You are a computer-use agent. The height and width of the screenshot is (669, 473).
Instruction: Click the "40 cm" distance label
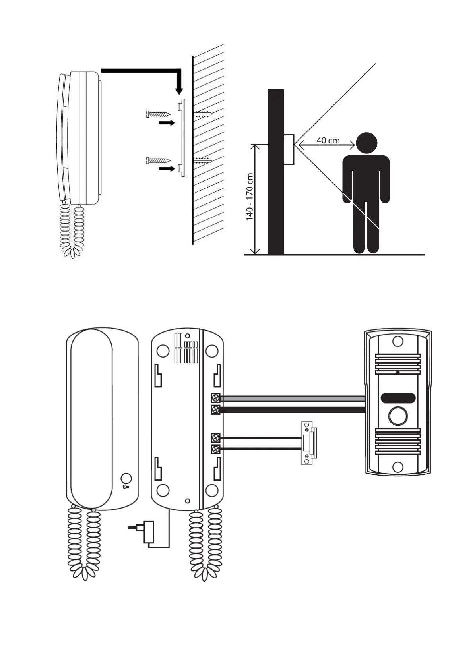pyautogui.click(x=328, y=140)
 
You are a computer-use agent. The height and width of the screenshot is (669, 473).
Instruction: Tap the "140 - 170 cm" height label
pyautogui.click(x=250, y=197)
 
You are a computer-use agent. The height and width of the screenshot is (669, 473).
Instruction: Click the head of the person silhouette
pyautogui.click(x=366, y=143)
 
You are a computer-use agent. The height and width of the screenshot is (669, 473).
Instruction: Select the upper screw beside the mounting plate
pyautogui.click(x=158, y=114)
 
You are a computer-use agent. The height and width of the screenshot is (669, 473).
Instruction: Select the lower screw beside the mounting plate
pyautogui.click(x=158, y=160)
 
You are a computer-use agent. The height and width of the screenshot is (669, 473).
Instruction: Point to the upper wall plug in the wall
pyautogui.click(x=203, y=114)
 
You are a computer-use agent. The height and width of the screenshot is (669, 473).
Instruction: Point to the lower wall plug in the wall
pyautogui.click(x=203, y=160)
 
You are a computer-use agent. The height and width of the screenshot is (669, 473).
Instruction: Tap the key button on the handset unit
pyautogui.click(x=126, y=479)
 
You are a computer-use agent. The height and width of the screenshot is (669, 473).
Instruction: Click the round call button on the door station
pyautogui.click(x=397, y=416)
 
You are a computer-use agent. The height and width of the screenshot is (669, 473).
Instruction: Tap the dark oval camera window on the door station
pyautogui.click(x=398, y=398)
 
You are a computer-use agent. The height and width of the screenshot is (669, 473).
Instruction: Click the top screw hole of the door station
pyautogui.click(x=397, y=341)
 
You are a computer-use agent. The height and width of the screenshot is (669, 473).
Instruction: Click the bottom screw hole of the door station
pyautogui.click(x=397, y=467)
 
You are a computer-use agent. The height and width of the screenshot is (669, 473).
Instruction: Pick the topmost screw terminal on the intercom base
pyautogui.click(x=215, y=398)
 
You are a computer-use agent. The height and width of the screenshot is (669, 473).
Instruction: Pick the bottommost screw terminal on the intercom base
pyautogui.click(x=215, y=449)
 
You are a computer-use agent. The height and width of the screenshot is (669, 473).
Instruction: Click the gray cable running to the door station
pyautogui.click(x=292, y=398)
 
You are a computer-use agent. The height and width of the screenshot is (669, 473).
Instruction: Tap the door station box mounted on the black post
pyautogui.click(x=289, y=149)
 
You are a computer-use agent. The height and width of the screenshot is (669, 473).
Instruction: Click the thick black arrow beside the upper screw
pyautogui.click(x=167, y=123)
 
